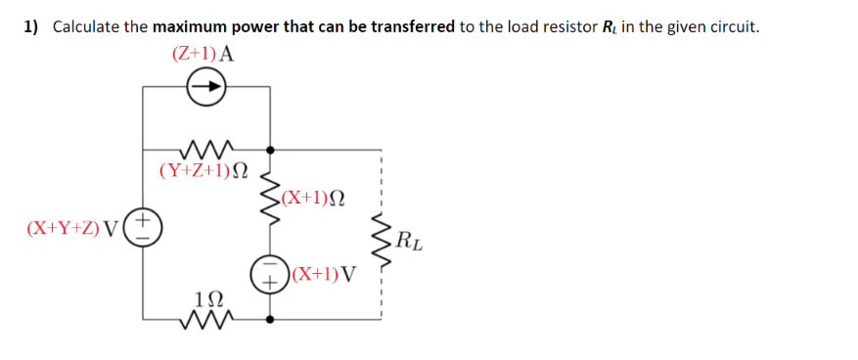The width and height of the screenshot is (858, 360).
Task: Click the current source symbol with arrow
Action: tap(206, 88)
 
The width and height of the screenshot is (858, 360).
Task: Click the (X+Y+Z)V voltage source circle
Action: tap(144, 227)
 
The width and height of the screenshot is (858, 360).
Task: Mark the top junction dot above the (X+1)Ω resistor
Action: tap(270, 150)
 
